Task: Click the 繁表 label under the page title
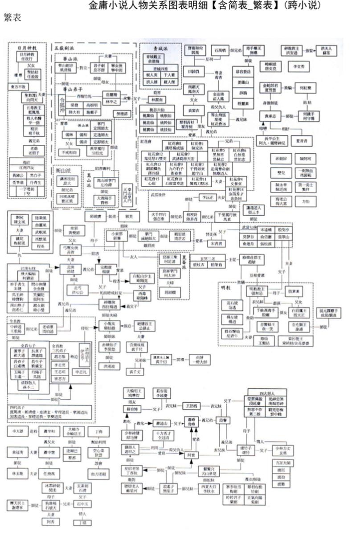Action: [x=12, y=18]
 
